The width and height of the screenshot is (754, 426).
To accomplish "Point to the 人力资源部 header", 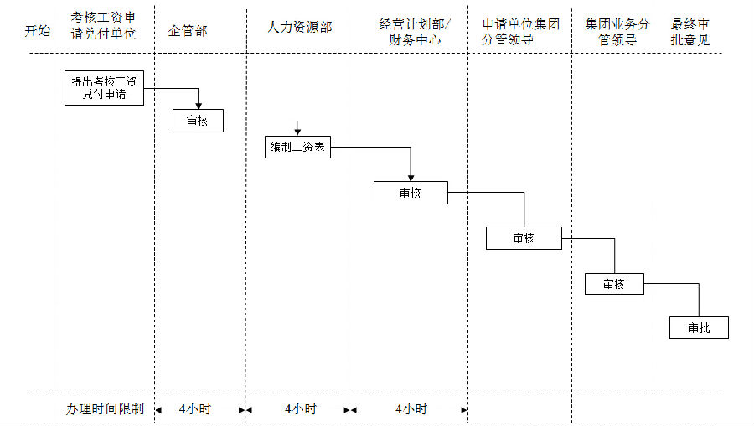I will coord(299,27).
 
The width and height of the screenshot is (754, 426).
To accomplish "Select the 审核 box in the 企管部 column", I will coord(199,121).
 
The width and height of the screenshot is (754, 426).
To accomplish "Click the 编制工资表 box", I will coord(297,148).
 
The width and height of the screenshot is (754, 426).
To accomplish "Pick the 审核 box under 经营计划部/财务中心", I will coord(411,192).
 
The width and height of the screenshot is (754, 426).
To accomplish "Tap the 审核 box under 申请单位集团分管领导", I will coord(524,238).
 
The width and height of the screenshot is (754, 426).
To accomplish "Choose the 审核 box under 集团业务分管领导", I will coord(614,284).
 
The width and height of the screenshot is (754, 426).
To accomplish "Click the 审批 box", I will coord(699,327).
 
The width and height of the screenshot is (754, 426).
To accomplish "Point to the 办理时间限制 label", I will coord(105,409).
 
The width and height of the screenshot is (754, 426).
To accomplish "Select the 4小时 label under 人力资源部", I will coord(300,409).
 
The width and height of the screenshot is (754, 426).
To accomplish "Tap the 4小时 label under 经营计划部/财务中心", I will coord(411,409).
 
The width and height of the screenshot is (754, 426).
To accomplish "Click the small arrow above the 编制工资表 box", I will coord(297,128).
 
